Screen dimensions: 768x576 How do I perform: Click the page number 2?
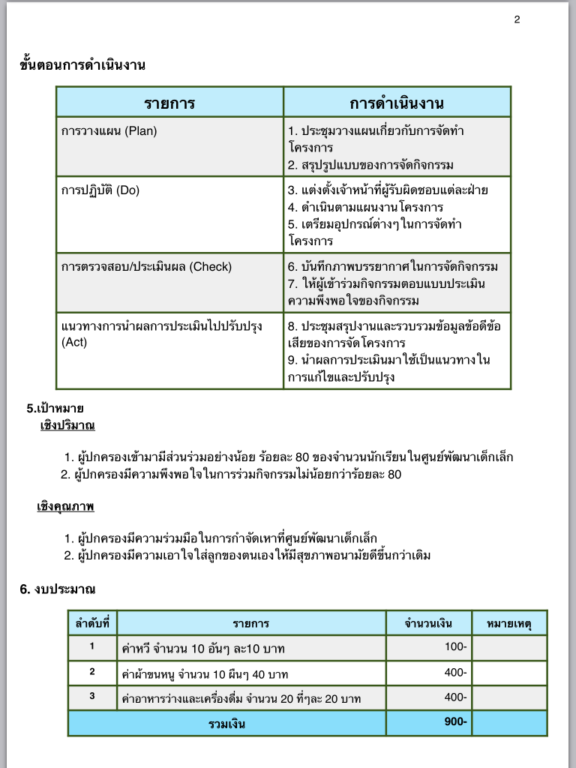click(x=517, y=19)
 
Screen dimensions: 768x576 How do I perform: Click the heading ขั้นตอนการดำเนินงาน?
click(x=82, y=64)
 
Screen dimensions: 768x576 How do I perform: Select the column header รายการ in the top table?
click(x=169, y=103)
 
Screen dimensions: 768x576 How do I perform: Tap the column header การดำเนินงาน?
click(x=397, y=103)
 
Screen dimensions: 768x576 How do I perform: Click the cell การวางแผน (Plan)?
click(x=109, y=130)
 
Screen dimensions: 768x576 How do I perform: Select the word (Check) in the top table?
click(x=211, y=266)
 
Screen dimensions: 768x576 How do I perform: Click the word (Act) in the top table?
click(x=74, y=343)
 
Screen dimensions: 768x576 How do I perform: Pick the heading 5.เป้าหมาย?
click(x=55, y=409)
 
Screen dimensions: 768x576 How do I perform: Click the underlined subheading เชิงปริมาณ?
click(x=67, y=426)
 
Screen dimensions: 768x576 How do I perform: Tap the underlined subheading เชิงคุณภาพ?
click(x=65, y=507)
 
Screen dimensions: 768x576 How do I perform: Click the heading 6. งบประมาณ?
click(x=58, y=589)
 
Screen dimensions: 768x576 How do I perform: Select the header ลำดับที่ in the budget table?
click(x=92, y=623)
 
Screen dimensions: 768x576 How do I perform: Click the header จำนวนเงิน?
click(x=428, y=623)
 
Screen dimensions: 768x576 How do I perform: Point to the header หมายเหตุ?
click(x=509, y=623)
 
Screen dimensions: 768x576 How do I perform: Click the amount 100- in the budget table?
click(x=455, y=646)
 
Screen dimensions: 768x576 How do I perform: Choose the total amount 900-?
click(x=455, y=721)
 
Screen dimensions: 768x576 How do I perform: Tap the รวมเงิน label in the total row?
click(x=227, y=724)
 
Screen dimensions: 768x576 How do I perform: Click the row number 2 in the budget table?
click(x=92, y=671)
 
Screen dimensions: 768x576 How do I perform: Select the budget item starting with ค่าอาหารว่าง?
click(x=241, y=699)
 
